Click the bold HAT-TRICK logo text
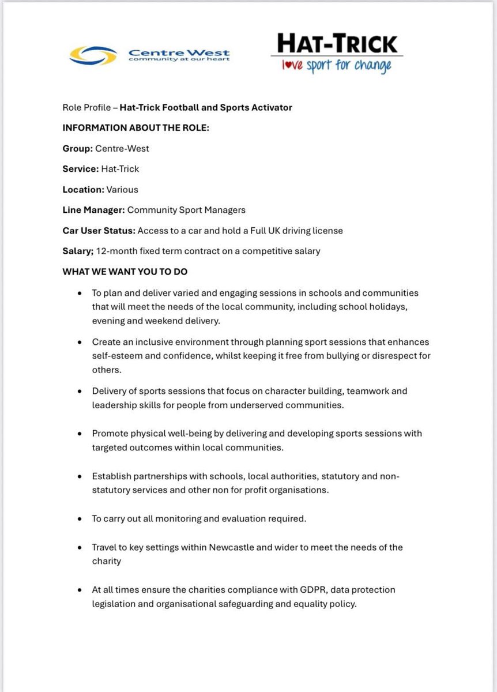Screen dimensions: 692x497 click(x=337, y=43)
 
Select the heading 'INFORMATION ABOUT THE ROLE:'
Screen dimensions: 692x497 click(x=135, y=128)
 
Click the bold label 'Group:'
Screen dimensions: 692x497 click(x=77, y=148)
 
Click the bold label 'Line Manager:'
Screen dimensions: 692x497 click(x=93, y=210)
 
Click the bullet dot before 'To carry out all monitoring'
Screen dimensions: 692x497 click(x=78, y=519)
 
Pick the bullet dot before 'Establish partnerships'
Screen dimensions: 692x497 click(x=78, y=477)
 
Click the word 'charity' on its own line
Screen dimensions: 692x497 click(x=107, y=561)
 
